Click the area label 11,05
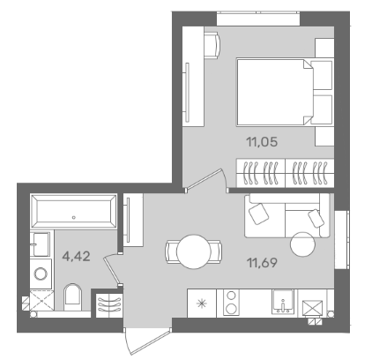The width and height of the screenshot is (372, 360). [262, 142]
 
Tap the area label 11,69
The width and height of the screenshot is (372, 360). [263, 262]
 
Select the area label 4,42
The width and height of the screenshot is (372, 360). [76, 257]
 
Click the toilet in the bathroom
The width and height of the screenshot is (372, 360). [72, 296]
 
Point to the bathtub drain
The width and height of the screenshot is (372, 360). [74, 218]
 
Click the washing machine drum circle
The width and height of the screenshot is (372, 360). [41, 274]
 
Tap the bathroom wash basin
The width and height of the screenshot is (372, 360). [40, 244]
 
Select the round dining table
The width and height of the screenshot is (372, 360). [194, 251]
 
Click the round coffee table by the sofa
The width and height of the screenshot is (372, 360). [303, 244]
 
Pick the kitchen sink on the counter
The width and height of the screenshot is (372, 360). [283, 301]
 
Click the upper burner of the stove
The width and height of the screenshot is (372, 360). [231, 295]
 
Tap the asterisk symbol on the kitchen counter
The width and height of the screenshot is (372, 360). [202, 304]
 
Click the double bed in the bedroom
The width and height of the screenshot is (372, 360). [275, 93]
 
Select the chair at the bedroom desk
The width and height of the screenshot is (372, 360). [212, 46]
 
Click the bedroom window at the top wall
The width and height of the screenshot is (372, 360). [258, 19]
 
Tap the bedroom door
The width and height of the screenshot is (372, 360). [205, 178]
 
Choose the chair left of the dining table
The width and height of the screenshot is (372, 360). [171, 251]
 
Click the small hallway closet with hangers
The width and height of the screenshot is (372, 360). [109, 304]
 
